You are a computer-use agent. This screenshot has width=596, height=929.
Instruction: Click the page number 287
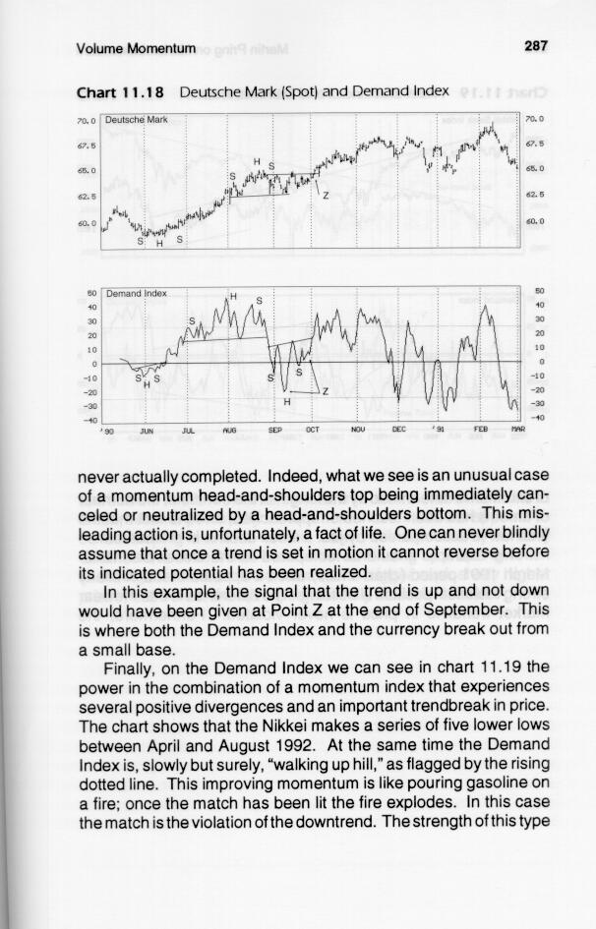535,45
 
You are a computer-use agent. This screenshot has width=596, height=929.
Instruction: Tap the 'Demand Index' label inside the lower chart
137,293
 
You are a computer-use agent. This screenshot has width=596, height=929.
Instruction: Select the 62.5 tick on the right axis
534,196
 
